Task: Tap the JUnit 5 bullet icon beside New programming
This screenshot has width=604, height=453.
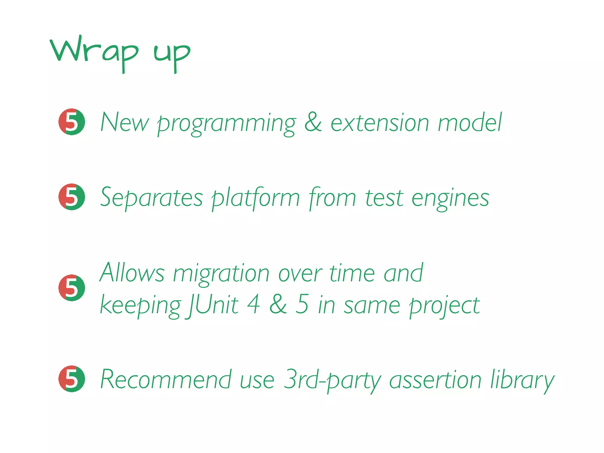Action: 72,122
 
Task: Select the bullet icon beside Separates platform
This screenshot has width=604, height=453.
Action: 72,197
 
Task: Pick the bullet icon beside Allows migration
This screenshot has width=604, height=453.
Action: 72,288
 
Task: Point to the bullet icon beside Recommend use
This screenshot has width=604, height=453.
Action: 72,379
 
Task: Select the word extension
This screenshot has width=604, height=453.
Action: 380,122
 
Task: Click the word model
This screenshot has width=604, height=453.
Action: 470,122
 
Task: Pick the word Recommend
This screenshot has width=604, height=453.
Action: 166,379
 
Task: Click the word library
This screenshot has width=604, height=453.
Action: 522,380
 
